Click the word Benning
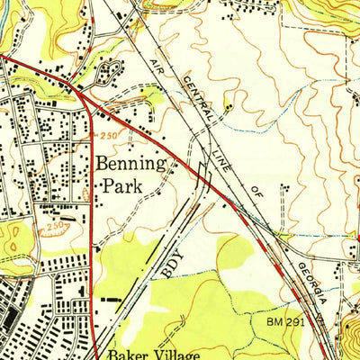130,166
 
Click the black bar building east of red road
112,297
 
